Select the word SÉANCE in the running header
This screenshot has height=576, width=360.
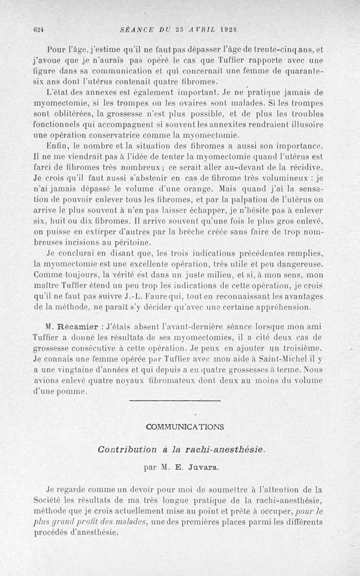pyautogui.click(x=138, y=30)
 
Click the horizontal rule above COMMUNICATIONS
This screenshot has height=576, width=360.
pyautogui.click(x=175, y=400)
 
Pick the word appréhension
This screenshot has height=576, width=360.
pyautogui.click(x=283, y=308)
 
